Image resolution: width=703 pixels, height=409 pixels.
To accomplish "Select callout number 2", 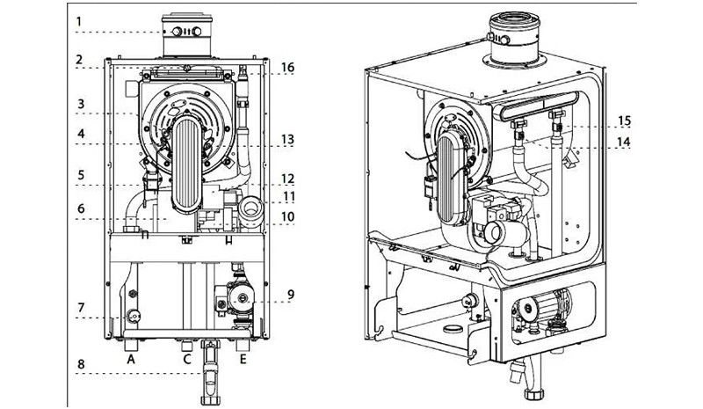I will (78, 61).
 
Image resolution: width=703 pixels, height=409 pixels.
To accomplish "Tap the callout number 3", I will (78, 103).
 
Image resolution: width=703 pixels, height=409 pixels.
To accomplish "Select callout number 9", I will (291, 294).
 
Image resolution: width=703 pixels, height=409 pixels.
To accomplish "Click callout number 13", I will (289, 139).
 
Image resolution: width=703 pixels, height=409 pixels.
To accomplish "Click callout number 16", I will (289, 66).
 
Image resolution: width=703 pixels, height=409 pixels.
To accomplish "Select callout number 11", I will (289, 194).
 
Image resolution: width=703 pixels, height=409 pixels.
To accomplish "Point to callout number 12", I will (289, 176).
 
